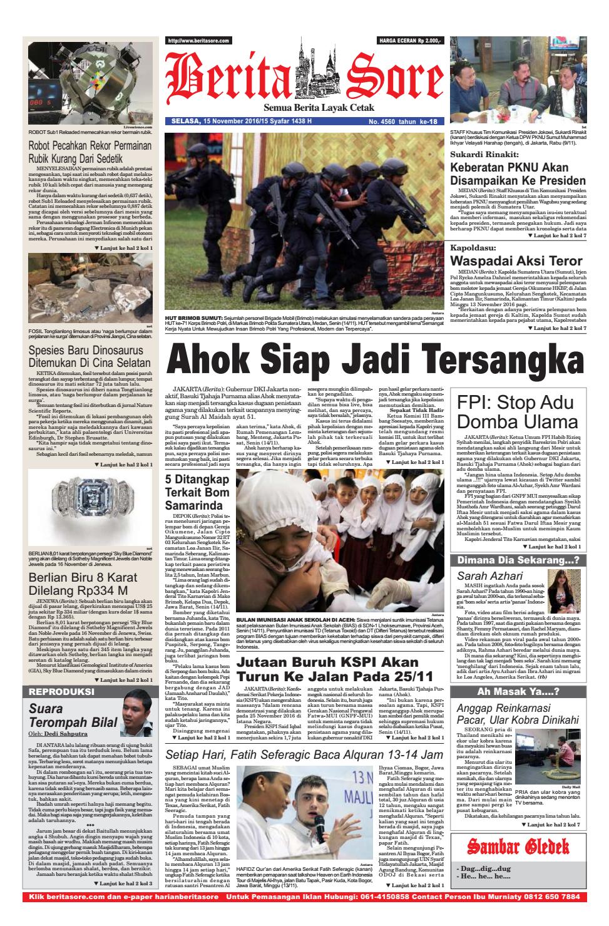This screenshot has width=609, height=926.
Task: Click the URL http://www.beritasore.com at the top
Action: tap(197, 40)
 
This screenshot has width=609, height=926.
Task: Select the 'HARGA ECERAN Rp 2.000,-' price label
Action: tap(409, 40)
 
